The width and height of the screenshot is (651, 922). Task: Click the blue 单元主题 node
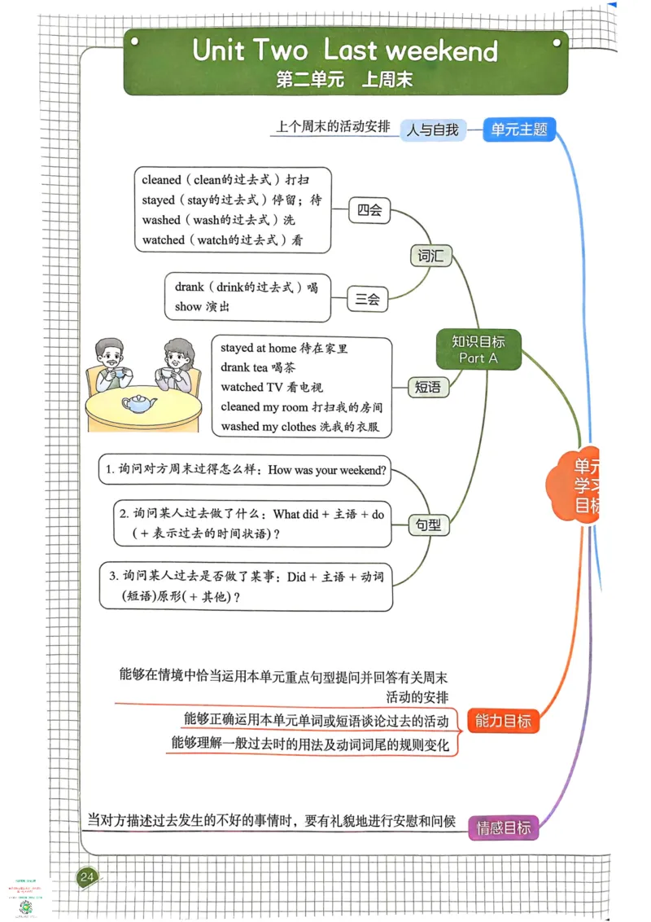[x=519, y=129]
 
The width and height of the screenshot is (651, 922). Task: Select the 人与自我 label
[x=433, y=129]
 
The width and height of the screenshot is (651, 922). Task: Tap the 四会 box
[x=369, y=210]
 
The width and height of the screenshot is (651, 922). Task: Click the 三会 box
[x=367, y=299]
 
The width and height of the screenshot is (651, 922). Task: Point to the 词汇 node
[x=430, y=256]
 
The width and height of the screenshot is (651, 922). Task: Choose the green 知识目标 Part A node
[x=478, y=349]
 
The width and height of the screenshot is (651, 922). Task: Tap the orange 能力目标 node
[x=503, y=720]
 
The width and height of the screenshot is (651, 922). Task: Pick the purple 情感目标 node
[x=503, y=828]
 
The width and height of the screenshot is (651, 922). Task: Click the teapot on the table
[x=139, y=402]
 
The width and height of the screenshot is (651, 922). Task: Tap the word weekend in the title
[x=441, y=50]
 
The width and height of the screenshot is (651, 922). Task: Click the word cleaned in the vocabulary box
[x=161, y=180]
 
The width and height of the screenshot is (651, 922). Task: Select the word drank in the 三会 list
[x=189, y=287]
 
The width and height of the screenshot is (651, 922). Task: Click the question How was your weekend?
[x=327, y=470]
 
